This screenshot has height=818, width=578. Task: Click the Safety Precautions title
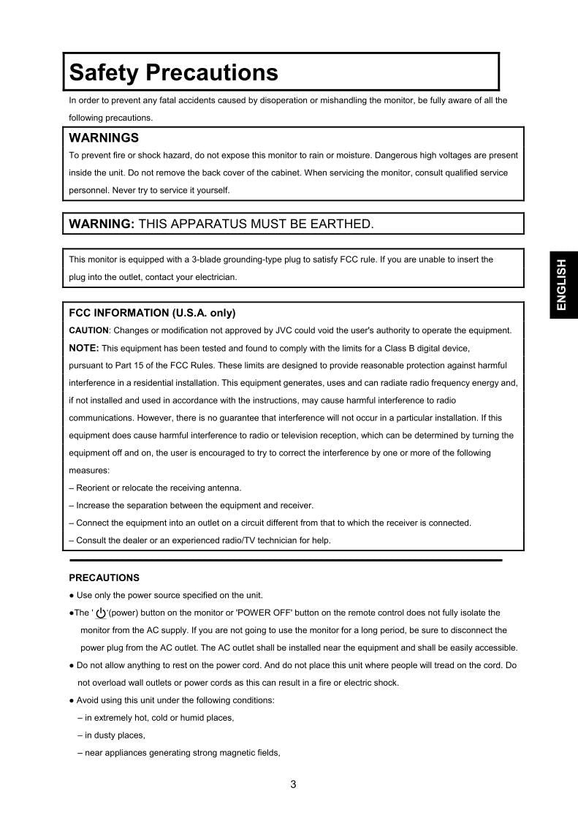(x=173, y=72)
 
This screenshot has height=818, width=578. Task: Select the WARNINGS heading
(x=104, y=137)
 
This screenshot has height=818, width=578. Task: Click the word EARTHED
(x=346, y=224)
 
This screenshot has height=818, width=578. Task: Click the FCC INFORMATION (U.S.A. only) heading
(x=152, y=313)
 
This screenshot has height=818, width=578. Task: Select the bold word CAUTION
(x=88, y=330)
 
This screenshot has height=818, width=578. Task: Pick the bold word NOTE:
(x=83, y=348)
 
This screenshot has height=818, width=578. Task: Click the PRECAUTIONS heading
(x=104, y=577)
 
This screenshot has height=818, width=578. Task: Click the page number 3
(x=293, y=785)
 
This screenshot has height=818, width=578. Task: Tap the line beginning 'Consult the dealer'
(x=199, y=540)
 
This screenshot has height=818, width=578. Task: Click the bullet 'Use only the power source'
(x=166, y=595)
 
